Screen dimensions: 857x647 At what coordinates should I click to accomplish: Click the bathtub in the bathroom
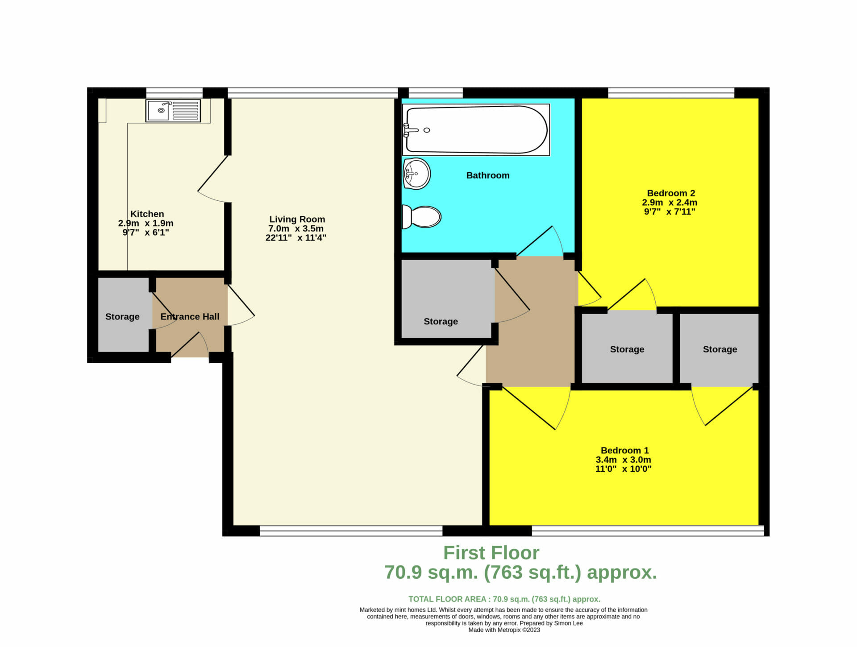click(476, 130)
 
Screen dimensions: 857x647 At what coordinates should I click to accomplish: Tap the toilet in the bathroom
click(421, 217)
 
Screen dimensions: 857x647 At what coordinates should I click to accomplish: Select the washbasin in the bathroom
click(416, 174)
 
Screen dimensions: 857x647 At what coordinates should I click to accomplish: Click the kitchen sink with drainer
click(173, 110)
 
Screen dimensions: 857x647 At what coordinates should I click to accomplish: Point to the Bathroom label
click(488, 175)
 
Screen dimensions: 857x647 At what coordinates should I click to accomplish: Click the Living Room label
click(297, 219)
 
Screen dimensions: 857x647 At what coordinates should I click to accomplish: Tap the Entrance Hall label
click(190, 316)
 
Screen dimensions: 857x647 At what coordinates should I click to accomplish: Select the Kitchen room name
click(147, 214)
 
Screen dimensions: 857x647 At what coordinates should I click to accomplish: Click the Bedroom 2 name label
click(671, 193)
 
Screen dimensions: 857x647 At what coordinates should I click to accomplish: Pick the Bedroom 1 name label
click(624, 450)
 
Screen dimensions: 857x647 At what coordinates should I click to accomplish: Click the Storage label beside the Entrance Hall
click(122, 317)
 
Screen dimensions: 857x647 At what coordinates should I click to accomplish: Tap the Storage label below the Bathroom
click(441, 321)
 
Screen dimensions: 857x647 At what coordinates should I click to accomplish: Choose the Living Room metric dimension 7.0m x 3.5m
click(296, 228)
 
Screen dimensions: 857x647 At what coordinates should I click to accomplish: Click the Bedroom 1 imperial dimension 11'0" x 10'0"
click(624, 469)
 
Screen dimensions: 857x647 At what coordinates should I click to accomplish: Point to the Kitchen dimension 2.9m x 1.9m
click(146, 223)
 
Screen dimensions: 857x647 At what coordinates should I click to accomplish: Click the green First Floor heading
click(491, 553)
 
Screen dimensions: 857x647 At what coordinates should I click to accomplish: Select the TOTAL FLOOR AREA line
click(504, 599)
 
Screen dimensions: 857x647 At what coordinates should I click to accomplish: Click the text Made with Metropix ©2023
click(504, 630)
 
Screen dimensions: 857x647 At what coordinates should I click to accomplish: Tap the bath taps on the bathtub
click(410, 130)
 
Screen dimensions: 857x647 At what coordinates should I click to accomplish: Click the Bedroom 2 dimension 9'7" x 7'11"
click(670, 212)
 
